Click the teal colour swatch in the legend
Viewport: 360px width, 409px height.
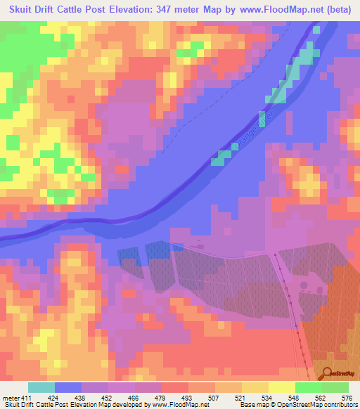41,388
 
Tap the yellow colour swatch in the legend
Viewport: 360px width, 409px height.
281,388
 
